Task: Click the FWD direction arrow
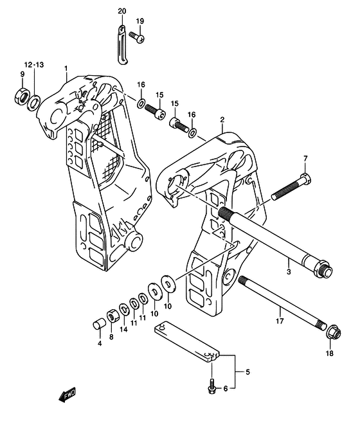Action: pos(67,395)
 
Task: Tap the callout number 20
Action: pos(122,12)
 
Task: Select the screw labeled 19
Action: pos(137,37)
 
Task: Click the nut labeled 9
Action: pos(21,96)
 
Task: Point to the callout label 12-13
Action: pos(34,65)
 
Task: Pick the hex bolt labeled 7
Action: pos(291,188)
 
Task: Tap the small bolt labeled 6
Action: pos(212,386)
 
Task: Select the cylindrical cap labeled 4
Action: pos(98,324)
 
